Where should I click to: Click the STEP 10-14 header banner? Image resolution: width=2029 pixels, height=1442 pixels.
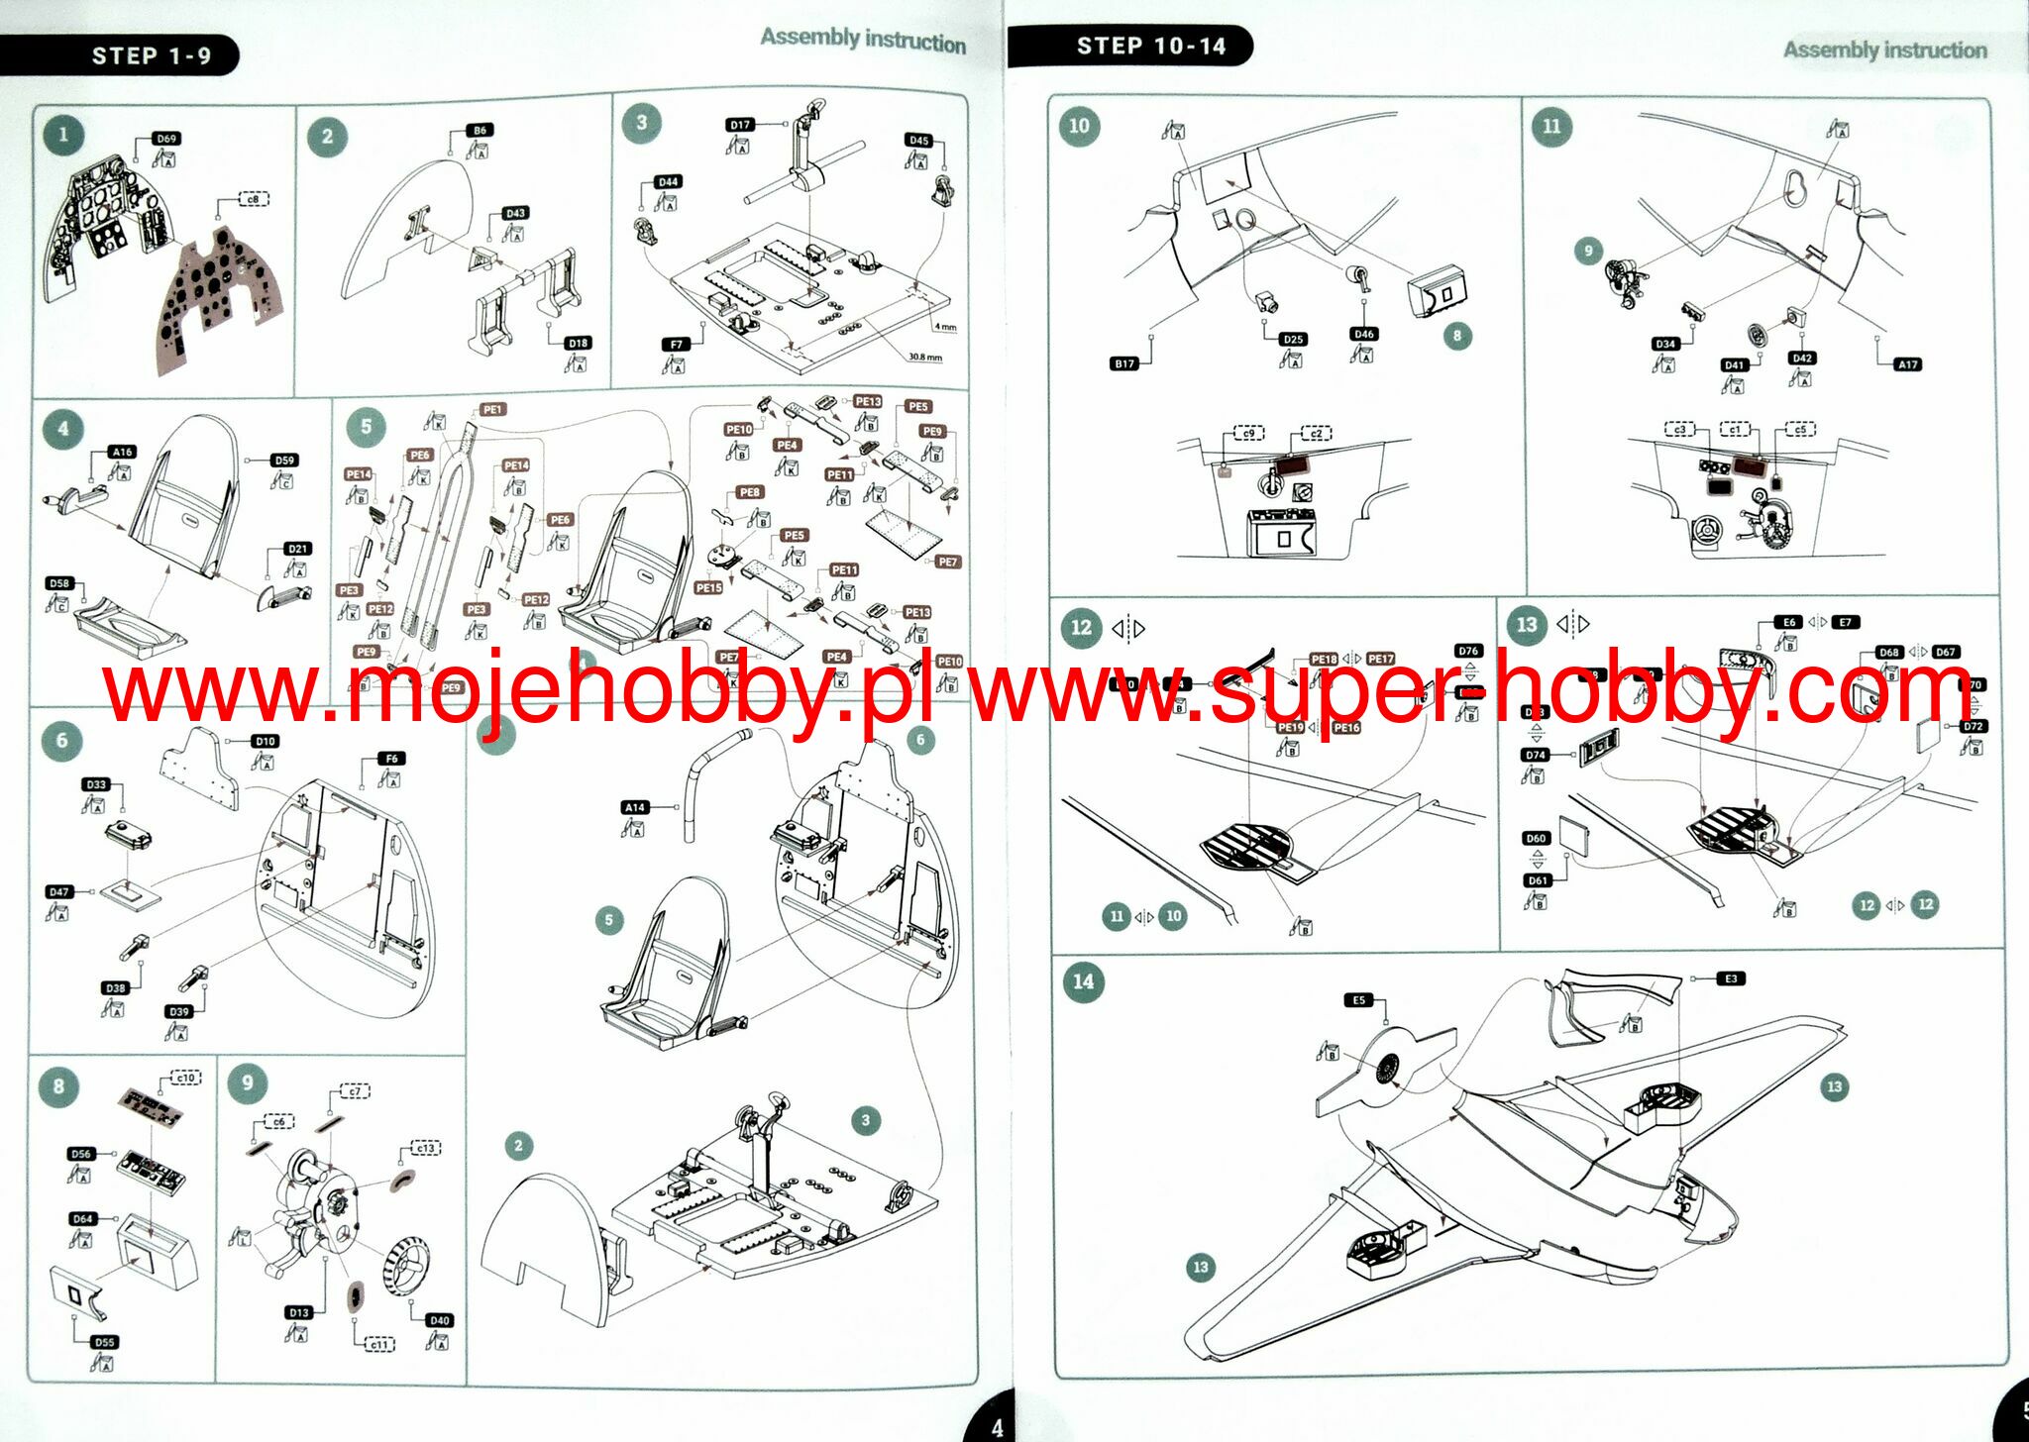1150,46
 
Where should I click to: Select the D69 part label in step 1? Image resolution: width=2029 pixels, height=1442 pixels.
166,139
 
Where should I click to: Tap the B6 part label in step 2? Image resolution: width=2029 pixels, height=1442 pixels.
480,130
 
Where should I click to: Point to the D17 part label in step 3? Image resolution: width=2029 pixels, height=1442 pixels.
740,125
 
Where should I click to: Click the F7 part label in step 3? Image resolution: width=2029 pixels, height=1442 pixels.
676,344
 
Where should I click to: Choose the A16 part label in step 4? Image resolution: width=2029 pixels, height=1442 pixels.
122,452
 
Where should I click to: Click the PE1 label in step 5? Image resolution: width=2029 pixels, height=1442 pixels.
492,409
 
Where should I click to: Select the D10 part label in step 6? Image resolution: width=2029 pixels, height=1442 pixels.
265,741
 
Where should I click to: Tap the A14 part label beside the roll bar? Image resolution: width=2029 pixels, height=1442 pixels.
635,807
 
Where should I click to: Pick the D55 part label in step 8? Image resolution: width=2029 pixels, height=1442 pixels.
104,1342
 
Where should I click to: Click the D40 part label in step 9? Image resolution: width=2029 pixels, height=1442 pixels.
439,1320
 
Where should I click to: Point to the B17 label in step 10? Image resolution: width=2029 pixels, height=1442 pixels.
1123,363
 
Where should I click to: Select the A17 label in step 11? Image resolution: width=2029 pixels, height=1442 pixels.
1907,364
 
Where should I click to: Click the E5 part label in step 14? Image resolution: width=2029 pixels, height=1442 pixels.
1358,1000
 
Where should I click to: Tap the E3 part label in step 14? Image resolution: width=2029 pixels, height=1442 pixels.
1731,978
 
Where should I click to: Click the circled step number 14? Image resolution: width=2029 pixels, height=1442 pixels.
1083,981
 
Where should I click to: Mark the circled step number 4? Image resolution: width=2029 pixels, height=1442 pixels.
63,429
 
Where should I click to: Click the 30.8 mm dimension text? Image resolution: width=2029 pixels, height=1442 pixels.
925,357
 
